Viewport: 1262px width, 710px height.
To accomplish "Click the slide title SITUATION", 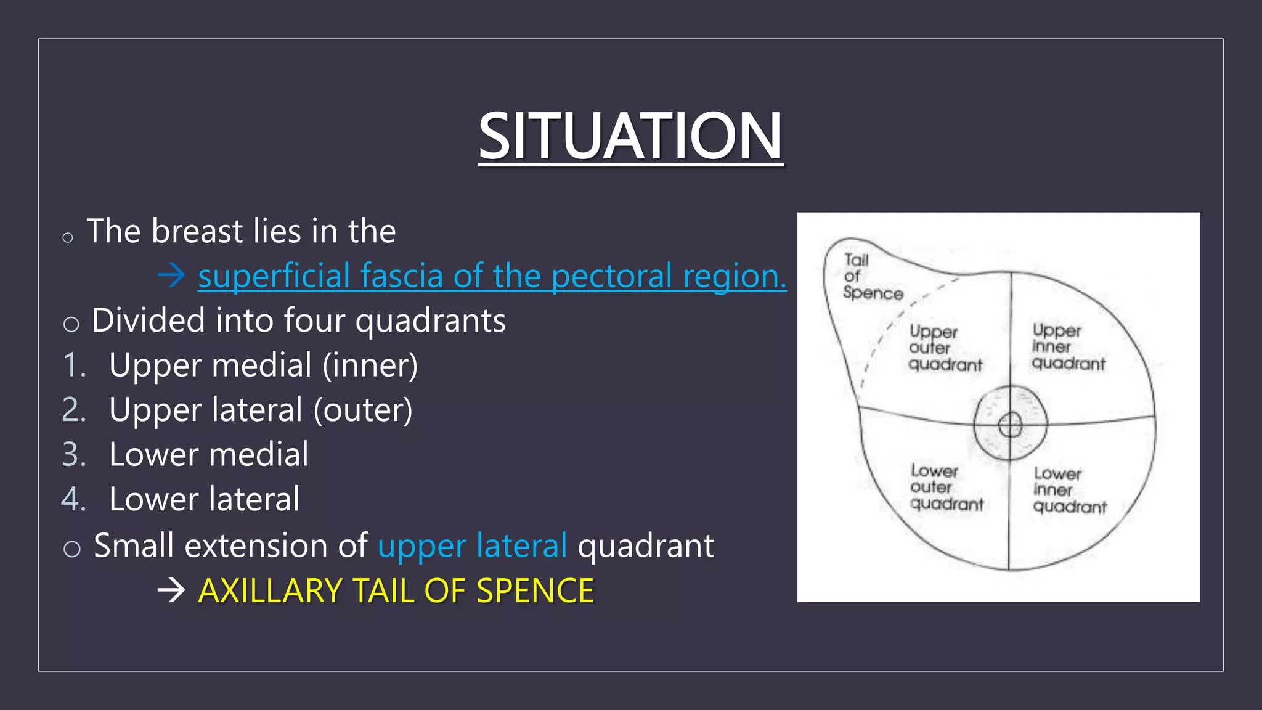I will [630, 136].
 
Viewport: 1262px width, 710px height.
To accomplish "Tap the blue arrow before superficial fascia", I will [171, 275].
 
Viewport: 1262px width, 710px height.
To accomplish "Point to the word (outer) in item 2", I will [363, 410].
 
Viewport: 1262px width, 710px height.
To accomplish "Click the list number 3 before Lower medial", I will [74, 455].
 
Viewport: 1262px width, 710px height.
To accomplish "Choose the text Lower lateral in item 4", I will [204, 499].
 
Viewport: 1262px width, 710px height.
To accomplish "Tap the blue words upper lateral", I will [472, 546].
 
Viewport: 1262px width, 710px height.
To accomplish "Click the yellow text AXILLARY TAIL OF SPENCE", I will [396, 590].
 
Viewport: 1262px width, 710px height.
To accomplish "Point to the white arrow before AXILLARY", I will [171, 590].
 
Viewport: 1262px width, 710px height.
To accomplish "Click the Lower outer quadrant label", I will [945, 488].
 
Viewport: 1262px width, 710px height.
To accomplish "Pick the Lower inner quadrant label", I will [1069, 490].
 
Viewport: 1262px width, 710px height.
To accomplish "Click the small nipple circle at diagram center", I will [1010, 424].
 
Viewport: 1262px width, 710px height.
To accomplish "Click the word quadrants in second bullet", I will [430, 321].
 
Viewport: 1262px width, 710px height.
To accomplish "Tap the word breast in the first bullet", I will [197, 231].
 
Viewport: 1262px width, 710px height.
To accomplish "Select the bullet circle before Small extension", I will [72, 548].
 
